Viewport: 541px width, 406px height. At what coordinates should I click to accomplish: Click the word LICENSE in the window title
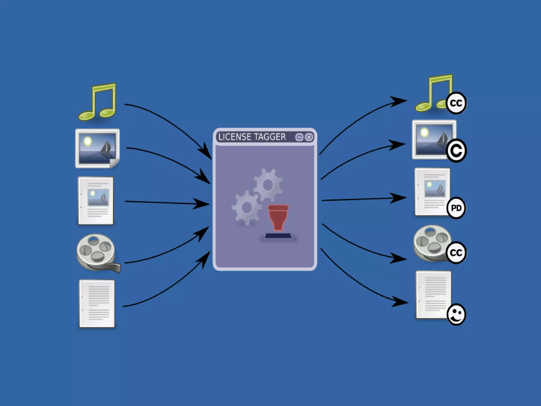235,137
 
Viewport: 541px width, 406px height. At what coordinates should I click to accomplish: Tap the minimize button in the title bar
299,137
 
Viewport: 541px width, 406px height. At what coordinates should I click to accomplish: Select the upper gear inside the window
268,185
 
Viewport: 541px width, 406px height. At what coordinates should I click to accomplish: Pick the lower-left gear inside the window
247,208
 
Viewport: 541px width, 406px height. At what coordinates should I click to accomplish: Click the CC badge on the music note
456,103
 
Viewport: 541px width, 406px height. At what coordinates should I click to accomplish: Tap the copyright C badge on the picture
456,151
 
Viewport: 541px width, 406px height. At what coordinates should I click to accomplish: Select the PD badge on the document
456,208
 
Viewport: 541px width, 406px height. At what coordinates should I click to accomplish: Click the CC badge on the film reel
456,253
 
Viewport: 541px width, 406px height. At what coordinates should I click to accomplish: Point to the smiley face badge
456,314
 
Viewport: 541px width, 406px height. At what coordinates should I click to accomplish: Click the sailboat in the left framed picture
106,148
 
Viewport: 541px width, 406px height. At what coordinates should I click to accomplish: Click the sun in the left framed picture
87,142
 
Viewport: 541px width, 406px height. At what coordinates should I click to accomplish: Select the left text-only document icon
97,304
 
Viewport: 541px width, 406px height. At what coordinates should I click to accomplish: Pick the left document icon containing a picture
96,200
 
